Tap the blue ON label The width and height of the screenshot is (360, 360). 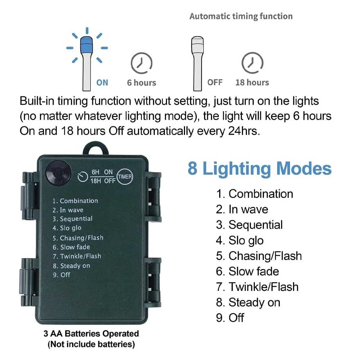pyautogui.click(x=102, y=82)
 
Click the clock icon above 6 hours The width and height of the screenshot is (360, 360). pyautogui.click(x=141, y=63)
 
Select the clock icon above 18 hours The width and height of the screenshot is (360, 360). pyautogui.click(x=252, y=63)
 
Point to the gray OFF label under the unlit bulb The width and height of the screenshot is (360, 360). pyautogui.click(x=215, y=82)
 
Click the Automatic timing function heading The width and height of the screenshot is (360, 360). pyautogui.click(x=241, y=16)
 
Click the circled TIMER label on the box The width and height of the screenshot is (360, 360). pyautogui.click(x=125, y=176)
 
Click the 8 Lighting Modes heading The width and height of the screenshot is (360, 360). pyautogui.click(x=259, y=168)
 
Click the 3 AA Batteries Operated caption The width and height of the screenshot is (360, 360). pyautogui.click(x=91, y=334)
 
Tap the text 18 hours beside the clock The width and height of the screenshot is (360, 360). pyautogui.click(x=252, y=82)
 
